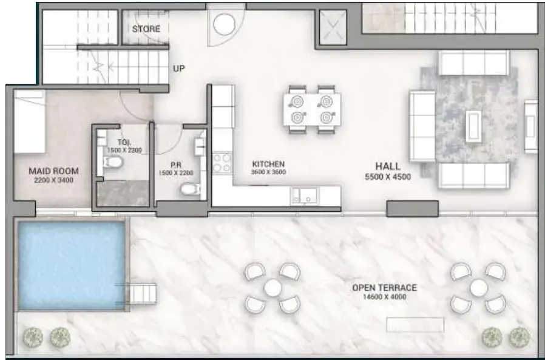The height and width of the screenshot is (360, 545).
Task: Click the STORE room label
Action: (x=146, y=29)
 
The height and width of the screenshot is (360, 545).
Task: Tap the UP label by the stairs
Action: (x=178, y=69)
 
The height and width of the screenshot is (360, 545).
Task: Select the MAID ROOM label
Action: (x=53, y=171)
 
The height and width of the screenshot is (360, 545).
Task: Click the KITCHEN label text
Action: (x=268, y=164)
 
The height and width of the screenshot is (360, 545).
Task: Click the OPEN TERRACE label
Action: (x=384, y=288)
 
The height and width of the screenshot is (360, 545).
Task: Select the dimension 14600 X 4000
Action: (x=384, y=297)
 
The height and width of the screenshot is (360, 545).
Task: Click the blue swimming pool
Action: (x=71, y=265)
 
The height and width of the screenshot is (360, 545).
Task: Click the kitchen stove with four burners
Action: (x=222, y=164)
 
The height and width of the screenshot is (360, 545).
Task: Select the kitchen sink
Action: (x=306, y=195)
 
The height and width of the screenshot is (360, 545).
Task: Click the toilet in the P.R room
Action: (x=189, y=191)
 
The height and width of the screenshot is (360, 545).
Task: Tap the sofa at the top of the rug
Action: (x=474, y=63)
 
